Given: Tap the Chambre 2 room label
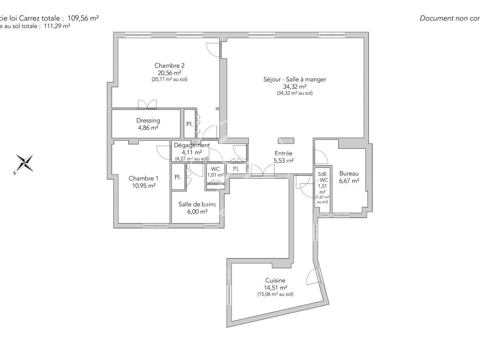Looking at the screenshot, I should coord(169,66).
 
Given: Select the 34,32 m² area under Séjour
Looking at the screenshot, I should coord(294,86).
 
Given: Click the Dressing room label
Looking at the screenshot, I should coord(148,120).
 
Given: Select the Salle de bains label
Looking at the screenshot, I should coord(197,204).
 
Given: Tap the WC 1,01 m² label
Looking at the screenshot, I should coord(215,172).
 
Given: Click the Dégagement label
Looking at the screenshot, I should coord(192,145).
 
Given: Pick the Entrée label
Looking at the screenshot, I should coord(283,153).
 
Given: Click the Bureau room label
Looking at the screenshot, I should coord(349,174).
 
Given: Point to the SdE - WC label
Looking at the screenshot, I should coord(322,177).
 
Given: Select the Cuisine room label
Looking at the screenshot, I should coord(275,280).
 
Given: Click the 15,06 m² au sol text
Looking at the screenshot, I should coord(275,294).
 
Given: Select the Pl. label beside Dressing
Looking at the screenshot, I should coord(189,124).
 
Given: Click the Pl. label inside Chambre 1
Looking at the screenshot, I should coord(177,177).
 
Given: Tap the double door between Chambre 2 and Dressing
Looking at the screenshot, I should coord(147,104).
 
